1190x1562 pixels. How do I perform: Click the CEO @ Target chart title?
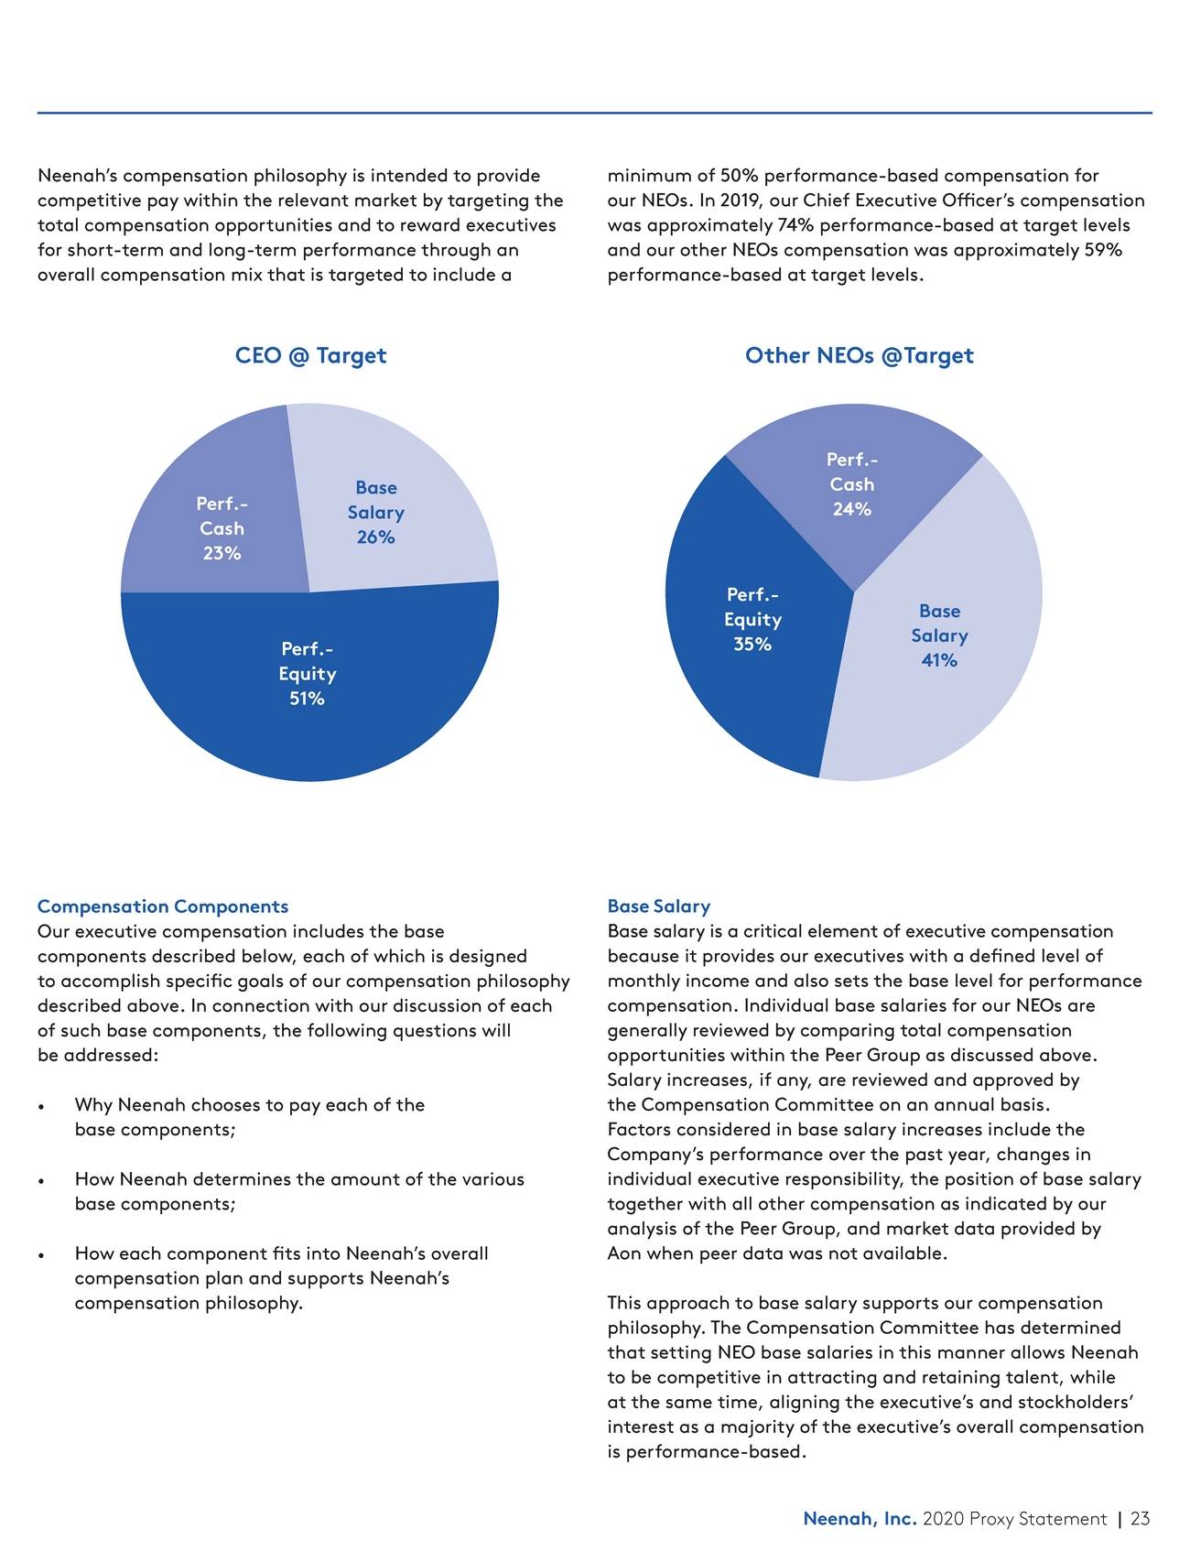pos(310,355)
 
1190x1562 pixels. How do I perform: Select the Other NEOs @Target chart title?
pos(859,355)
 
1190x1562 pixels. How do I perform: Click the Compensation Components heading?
pos(163,906)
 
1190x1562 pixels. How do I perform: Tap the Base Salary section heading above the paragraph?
pos(659,906)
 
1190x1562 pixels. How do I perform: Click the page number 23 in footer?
pos(1140,1519)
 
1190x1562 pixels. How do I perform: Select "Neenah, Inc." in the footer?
pos(860,1519)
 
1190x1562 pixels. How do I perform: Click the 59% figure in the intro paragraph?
pos(1103,250)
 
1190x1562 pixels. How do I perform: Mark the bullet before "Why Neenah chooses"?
pos(42,1106)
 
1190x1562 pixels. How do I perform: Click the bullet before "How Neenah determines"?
pos(42,1180)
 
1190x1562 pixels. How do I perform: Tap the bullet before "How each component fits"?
pos(42,1254)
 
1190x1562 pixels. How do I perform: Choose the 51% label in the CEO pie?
pos(307,699)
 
